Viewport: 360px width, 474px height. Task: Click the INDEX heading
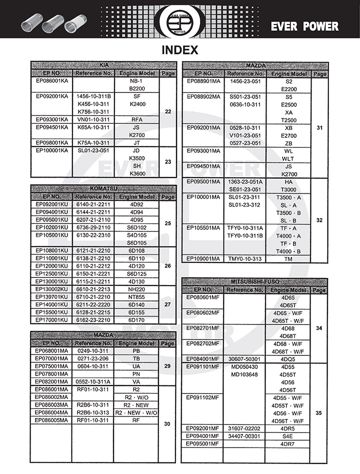180,50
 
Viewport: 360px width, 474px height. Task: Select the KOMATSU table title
103,188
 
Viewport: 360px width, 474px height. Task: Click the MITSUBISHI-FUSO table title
254,282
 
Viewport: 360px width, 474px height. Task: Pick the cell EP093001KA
52,119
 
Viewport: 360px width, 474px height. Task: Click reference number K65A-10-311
93,127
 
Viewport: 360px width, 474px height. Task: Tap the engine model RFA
136,119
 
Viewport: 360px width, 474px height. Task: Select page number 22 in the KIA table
168,111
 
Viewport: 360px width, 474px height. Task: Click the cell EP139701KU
52,296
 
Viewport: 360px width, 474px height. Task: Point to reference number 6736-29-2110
93,227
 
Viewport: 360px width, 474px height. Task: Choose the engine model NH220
136,289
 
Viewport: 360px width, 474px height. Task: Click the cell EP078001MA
52,373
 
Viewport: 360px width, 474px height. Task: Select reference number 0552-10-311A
93,381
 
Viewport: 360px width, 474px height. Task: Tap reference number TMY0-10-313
245,258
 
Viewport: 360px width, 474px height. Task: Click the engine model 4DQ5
288,358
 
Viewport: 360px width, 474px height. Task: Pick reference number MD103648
244,374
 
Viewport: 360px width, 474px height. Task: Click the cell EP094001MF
202,436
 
